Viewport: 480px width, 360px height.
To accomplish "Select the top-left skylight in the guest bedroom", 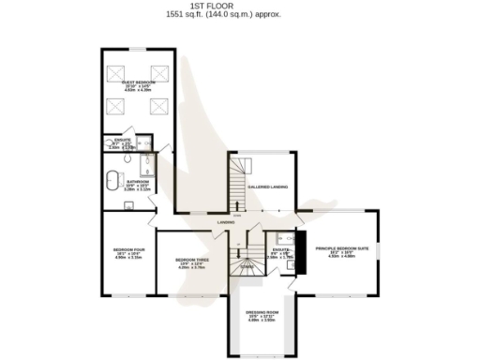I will coord(118,71).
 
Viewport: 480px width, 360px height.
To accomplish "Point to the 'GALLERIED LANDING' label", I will coord(267,187).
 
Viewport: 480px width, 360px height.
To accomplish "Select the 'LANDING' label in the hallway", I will coord(226,222).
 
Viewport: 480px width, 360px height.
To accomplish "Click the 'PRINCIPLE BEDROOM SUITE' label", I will coord(347,247).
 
